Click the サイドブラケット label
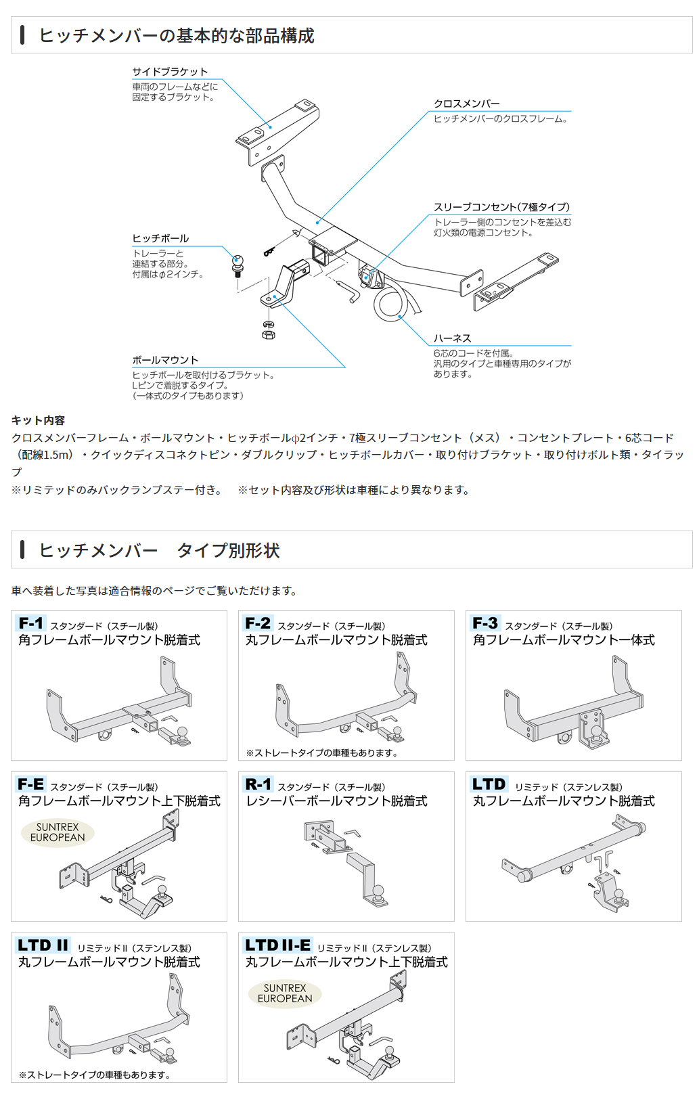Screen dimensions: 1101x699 tap(170, 72)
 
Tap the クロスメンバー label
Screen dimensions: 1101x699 tap(466, 104)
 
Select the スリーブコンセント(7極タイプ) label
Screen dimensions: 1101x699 tap(501, 207)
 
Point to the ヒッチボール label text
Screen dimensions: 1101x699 tap(160, 238)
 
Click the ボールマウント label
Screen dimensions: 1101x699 tap(165, 360)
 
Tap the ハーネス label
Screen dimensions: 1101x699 tap(452, 338)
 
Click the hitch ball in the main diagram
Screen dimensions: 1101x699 tap(238, 261)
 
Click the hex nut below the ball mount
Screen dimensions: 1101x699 tap(268, 334)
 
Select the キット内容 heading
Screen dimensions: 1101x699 tap(38, 420)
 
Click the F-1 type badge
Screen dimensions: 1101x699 tap(31, 623)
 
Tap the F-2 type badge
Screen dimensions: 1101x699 tap(258, 623)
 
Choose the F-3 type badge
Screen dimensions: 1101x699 tap(485, 623)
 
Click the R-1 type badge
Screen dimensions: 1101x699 tap(258, 784)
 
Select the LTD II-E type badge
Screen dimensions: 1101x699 tap(278, 945)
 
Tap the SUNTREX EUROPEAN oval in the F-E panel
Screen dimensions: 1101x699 tap(58, 832)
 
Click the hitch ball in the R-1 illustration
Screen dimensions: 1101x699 tap(378, 891)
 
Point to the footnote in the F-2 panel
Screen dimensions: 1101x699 tap(321, 752)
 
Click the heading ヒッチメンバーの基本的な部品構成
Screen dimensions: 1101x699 tap(177, 35)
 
